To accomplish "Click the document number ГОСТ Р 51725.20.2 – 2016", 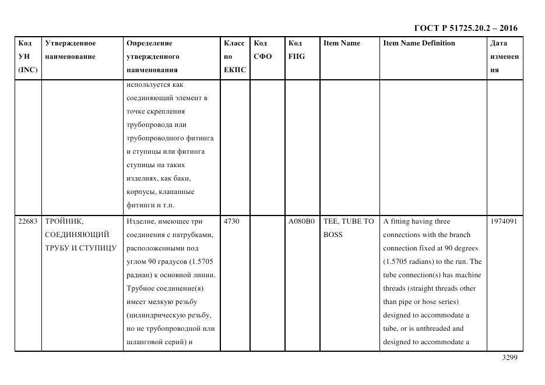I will pos(465,28).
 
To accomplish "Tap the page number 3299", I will pos(509,358).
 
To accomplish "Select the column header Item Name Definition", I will pos(419,43).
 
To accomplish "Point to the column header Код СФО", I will pos(262,50).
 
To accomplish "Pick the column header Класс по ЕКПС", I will pos(234,56).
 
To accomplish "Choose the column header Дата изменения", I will pos(504,56).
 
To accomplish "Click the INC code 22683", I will pos(27,221).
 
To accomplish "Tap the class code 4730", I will pos(231,221).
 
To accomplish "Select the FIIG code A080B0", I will pos(301,221).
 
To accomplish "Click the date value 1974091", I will pos(504,221).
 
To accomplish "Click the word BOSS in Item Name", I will pos(333,235).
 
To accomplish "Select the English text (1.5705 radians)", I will pos(410,262).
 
